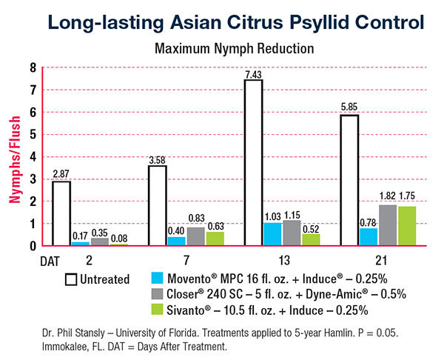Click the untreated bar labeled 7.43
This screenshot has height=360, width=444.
coord(254,162)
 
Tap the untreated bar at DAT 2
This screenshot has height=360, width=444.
coord(61,213)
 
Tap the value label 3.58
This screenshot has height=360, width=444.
coord(158,159)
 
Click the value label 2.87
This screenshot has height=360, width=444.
coord(61,175)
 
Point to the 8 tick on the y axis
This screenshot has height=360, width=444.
coord(33,67)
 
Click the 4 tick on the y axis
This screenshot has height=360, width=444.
coord(33,156)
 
